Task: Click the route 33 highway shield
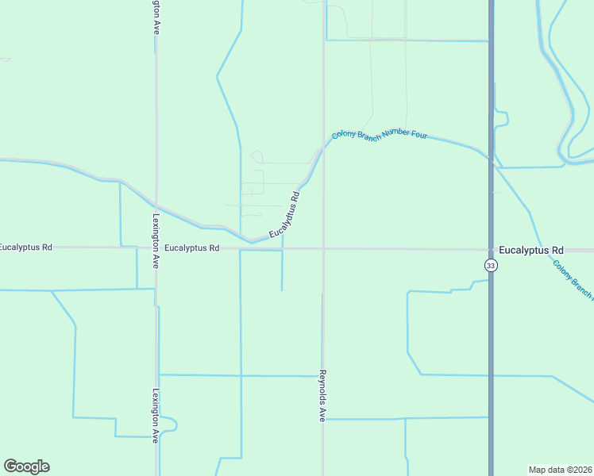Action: [x=492, y=266]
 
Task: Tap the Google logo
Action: [x=26, y=466]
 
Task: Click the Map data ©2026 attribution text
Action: [x=560, y=469]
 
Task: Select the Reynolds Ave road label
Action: [x=323, y=395]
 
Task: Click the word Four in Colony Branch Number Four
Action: [x=418, y=135]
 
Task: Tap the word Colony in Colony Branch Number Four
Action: [x=345, y=136]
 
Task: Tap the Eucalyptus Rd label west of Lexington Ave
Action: [x=25, y=248]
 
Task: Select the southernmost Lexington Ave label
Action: [x=156, y=414]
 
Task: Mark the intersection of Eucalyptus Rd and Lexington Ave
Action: [x=156, y=248]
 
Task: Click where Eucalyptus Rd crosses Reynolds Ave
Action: [x=323, y=249]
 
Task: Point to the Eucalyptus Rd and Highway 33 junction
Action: [x=492, y=250]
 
